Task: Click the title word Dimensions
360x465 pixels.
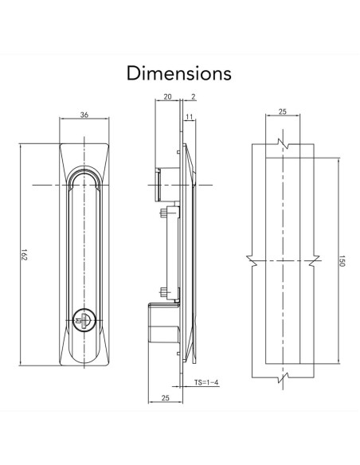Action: [179, 73]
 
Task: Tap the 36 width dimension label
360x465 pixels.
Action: [84, 115]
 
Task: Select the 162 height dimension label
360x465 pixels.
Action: [25, 255]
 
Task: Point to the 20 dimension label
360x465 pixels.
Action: [167, 96]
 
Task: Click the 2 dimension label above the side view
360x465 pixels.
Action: [194, 96]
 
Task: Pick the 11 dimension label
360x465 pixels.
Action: [190, 117]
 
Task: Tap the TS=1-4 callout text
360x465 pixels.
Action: [206, 382]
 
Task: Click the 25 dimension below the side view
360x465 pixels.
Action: [166, 397]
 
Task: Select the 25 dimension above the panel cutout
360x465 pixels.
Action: [283, 111]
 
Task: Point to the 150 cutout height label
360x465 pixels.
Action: [342, 260]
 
